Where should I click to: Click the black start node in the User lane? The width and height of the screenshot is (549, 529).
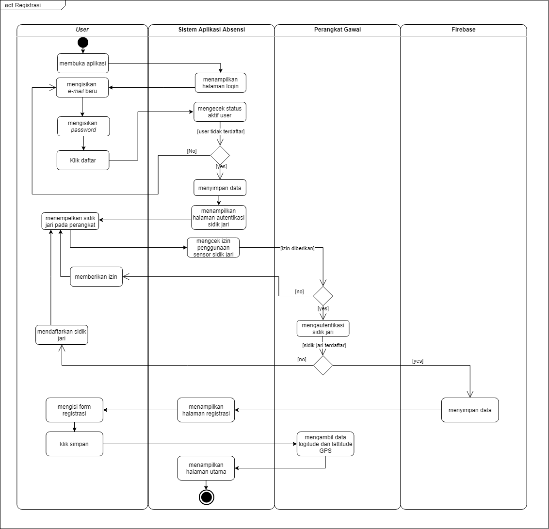coord(82,42)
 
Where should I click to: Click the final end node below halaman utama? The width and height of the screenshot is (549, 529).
coord(206,497)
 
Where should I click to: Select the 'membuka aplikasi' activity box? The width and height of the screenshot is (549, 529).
coord(82,63)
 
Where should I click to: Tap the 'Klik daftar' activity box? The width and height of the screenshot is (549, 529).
coord(83,160)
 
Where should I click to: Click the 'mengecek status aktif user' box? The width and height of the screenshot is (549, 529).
coord(220,112)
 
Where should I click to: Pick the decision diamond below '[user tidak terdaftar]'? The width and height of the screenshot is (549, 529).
coord(220,155)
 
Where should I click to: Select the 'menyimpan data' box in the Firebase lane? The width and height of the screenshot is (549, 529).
coord(469,410)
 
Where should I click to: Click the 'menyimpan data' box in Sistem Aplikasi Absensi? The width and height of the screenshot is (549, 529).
coord(220,187)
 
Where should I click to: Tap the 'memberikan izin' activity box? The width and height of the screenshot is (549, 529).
coord(96,277)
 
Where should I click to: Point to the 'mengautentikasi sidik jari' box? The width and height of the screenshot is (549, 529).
coord(323,328)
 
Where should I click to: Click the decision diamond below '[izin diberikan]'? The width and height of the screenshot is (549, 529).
coord(323,296)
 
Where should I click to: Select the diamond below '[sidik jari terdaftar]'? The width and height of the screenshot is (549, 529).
coord(323,365)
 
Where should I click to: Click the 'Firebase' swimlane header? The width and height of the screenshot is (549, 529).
coord(463,30)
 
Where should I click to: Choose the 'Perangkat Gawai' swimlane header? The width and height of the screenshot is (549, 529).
coord(337,30)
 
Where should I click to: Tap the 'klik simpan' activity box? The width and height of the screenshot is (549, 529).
coord(74,444)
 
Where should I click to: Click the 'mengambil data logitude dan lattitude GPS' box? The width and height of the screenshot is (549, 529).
coord(325,444)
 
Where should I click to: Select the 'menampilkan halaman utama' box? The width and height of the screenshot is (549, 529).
coord(206,468)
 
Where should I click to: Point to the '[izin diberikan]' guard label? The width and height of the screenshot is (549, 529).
coord(297,248)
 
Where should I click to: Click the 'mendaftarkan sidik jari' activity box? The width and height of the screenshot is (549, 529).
coord(62,335)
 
